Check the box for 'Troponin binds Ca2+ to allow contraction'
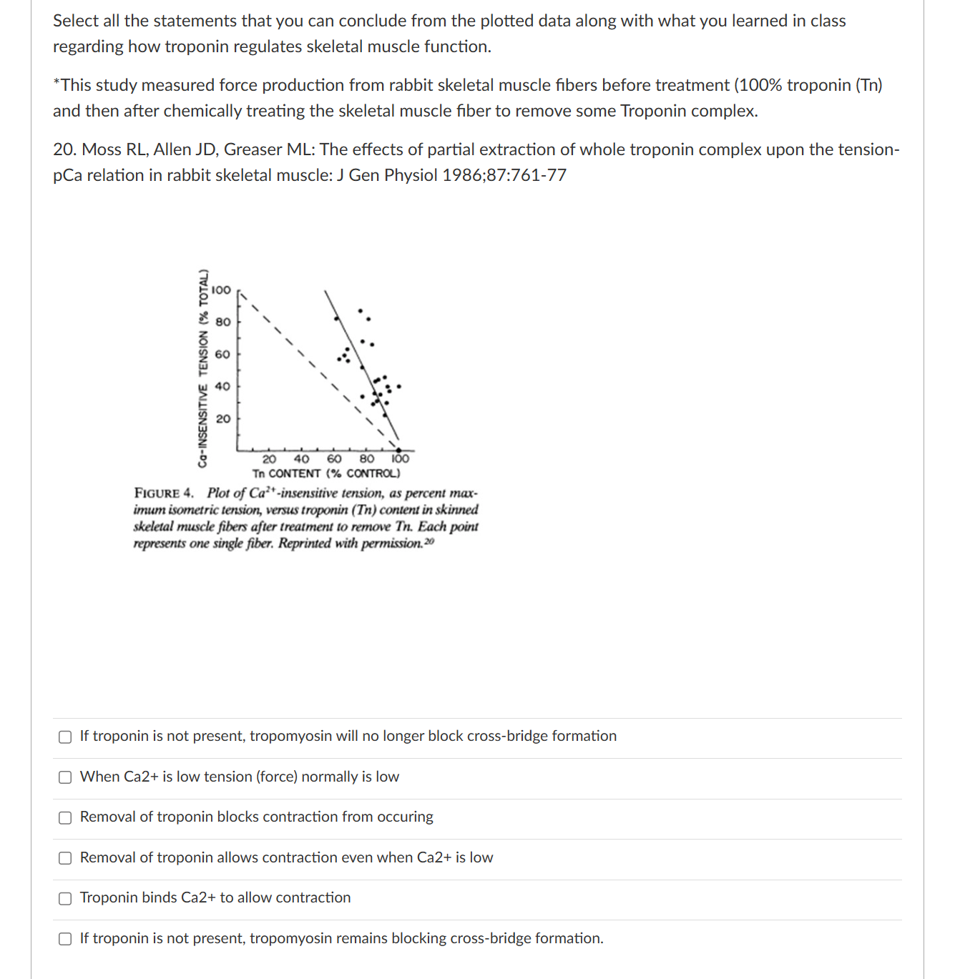(x=65, y=898)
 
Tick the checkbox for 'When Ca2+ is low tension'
(x=65, y=777)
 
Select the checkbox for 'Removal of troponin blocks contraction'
(x=65, y=817)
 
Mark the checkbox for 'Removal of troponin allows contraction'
(x=65, y=858)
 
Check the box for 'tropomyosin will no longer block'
(x=65, y=737)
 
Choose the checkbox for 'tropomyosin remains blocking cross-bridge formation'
(x=65, y=939)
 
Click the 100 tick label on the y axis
(x=221, y=290)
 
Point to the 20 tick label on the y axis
(x=223, y=418)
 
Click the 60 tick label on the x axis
(x=334, y=459)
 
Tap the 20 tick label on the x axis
(x=269, y=459)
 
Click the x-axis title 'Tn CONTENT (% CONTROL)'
(x=326, y=473)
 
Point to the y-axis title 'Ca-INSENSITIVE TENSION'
(x=203, y=368)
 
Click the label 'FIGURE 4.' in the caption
(x=164, y=493)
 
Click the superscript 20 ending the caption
(x=428, y=541)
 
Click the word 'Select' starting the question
(x=75, y=21)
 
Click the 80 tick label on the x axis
(x=366, y=459)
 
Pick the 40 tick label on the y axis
(x=223, y=386)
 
